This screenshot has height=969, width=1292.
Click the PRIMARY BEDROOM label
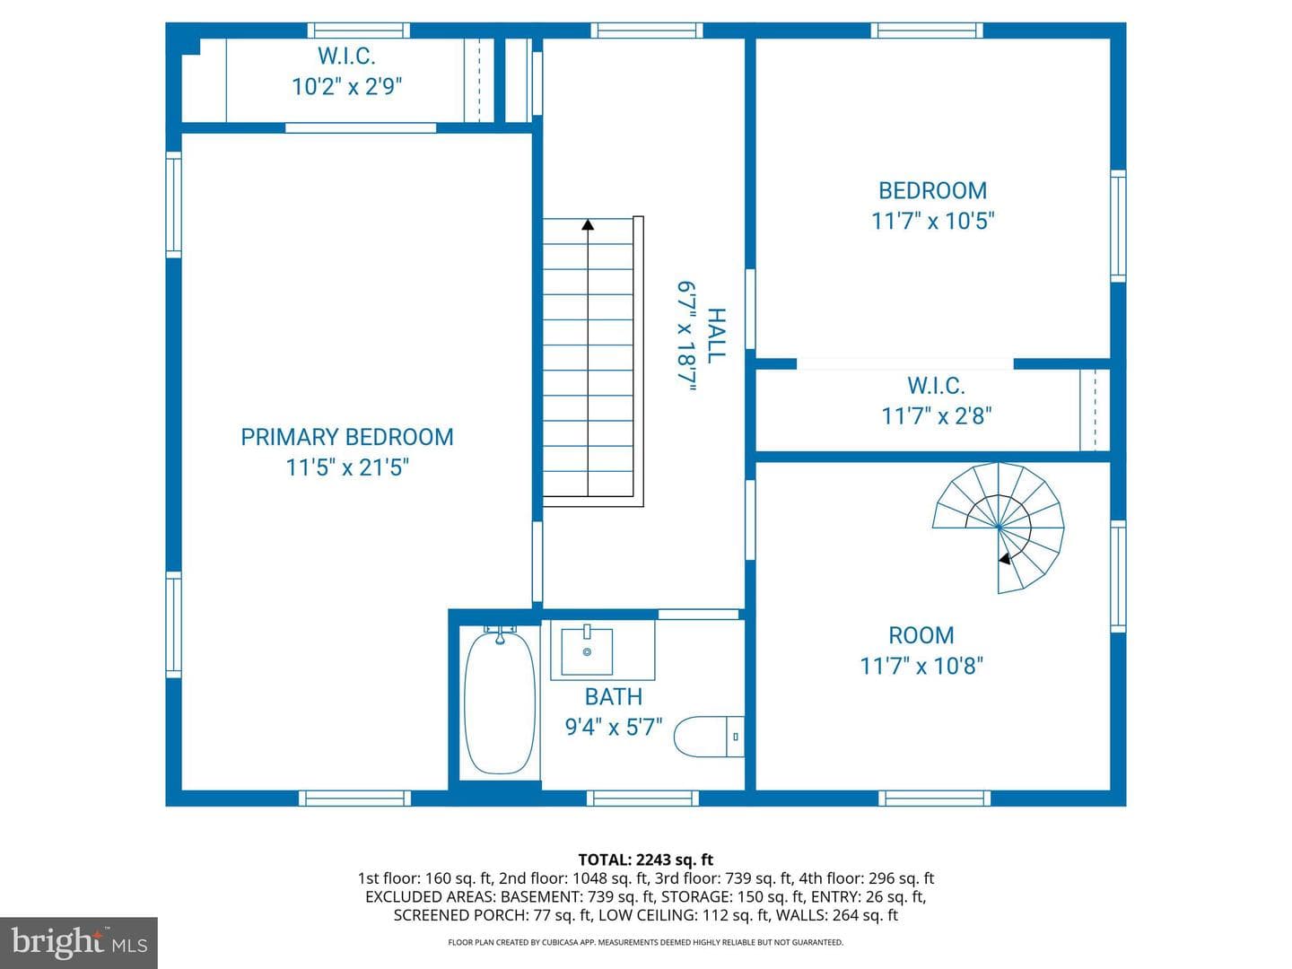(x=347, y=437)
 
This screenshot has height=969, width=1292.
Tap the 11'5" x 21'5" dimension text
(x=347, y=467)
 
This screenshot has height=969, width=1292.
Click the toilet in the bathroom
(x=709, y=736)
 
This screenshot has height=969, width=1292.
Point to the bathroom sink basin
(x=587, y=651)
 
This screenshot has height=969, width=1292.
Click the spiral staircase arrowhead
(x=1005, y=558)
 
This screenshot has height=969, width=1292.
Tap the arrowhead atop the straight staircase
(x=588, y=224)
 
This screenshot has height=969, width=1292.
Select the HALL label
(x=716, y=336)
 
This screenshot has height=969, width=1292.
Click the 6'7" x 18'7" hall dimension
(x=686, y=336)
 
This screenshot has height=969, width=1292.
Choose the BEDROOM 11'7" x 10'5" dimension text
(x=933, y=222)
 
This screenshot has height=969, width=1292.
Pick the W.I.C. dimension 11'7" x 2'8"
(x=937, y=416)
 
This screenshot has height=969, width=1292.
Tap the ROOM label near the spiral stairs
(x=921, y=635)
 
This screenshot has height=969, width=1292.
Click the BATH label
(x=614, y=696)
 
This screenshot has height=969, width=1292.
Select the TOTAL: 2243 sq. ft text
(x=646, y=860)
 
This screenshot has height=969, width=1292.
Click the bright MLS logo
(x=79, y=942)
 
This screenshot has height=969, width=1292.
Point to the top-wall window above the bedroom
(x=927, y=30)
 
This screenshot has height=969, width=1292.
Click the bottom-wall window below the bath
(x=642, y=799)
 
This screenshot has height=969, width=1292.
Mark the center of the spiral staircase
(x=999, y=527)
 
